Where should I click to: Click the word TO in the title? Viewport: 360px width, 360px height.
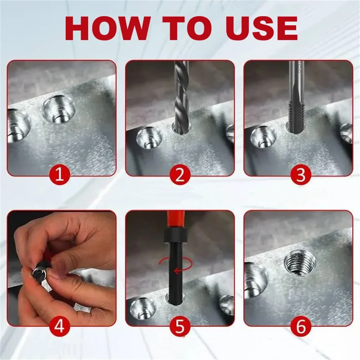click(x=187, y=28)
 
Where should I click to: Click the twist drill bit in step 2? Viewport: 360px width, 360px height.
click(x=181, y=97)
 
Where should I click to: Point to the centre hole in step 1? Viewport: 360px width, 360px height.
click(x=59, y=109)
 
